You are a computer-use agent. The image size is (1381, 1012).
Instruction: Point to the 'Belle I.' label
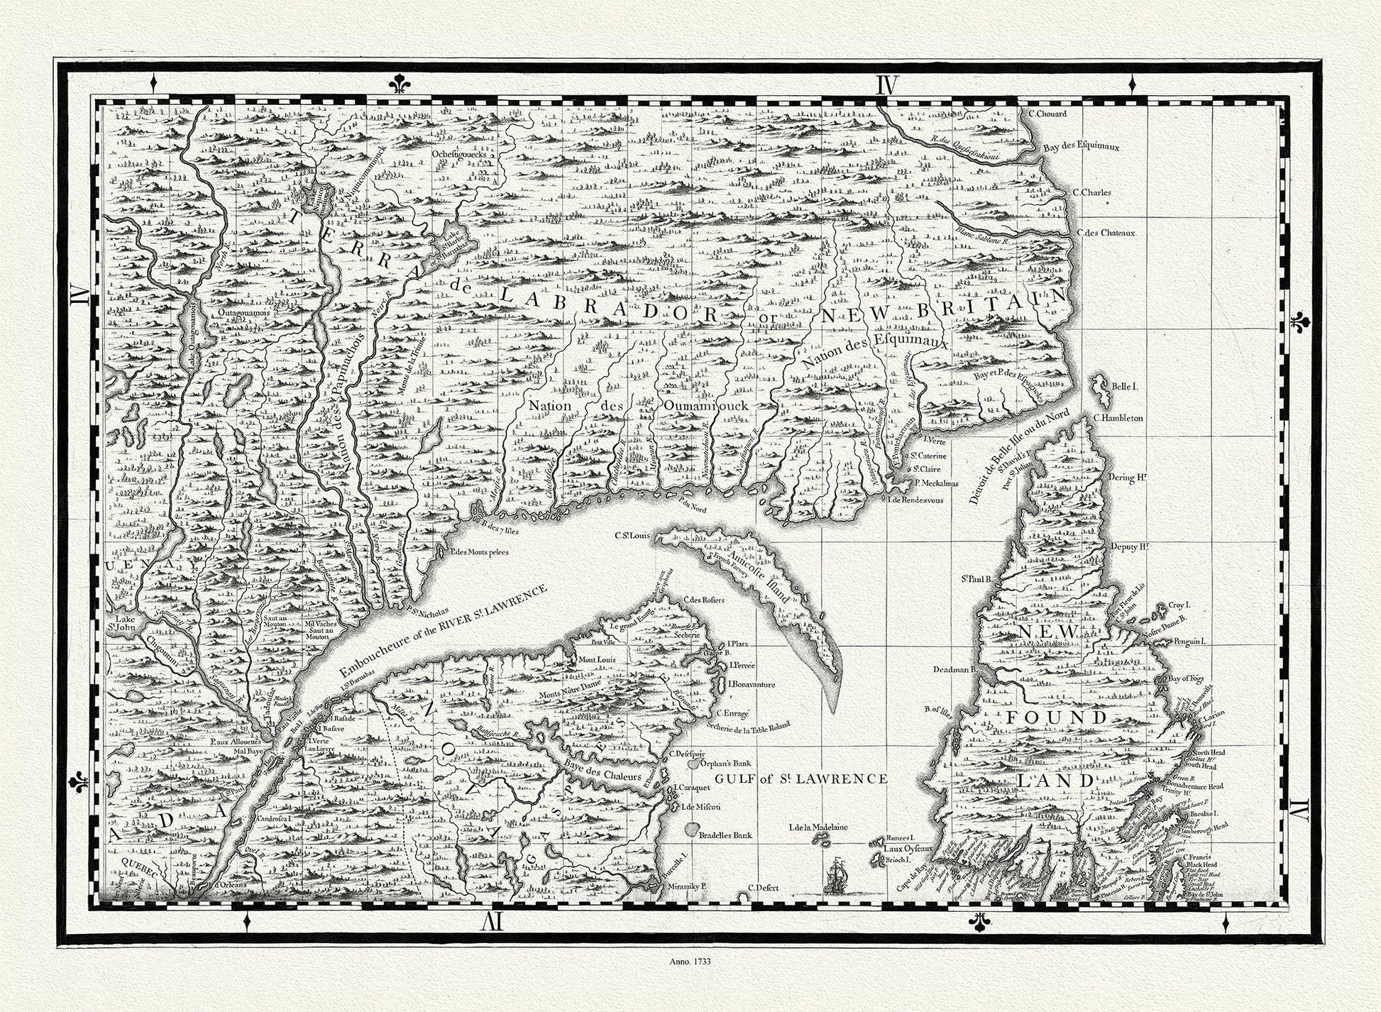(x=1125, y=387)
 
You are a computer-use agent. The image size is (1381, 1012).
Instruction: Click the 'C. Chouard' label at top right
(x=1047, y=113)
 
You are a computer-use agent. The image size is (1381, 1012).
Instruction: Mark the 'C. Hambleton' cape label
(x=1118, y=418)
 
